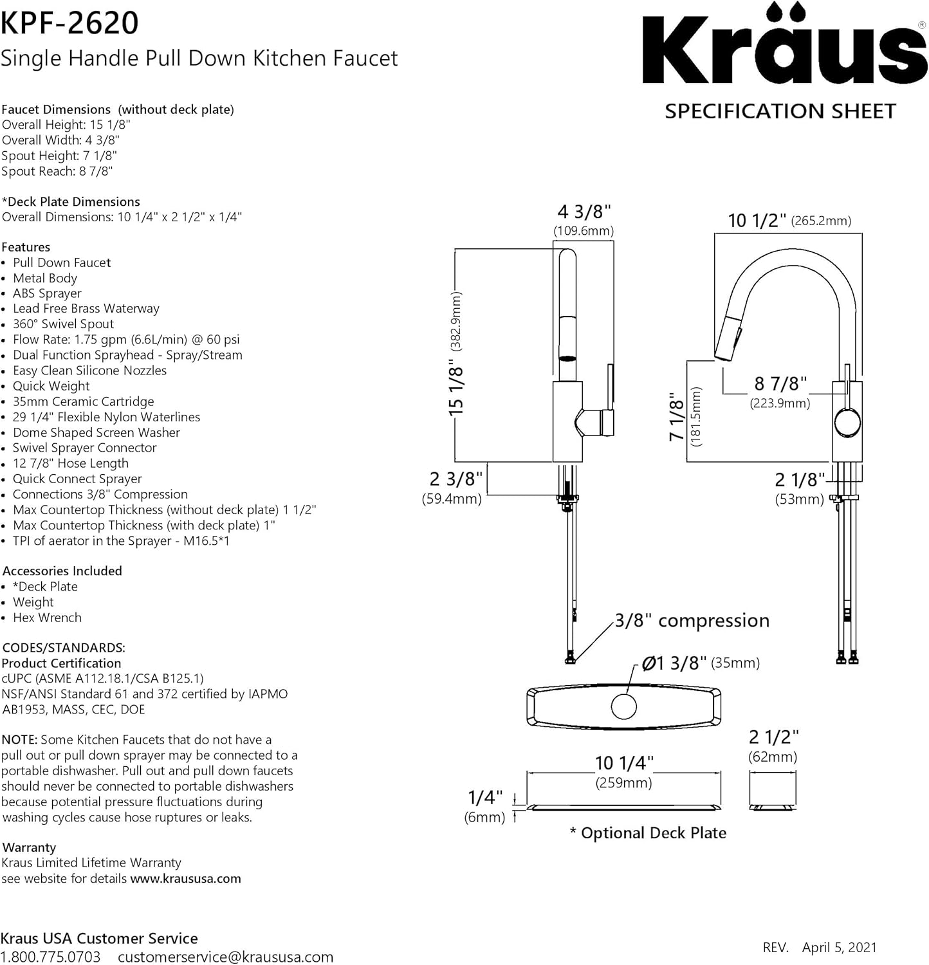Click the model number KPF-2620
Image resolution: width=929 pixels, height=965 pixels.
click(69, 23)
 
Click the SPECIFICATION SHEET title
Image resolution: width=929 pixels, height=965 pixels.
click(780, 111)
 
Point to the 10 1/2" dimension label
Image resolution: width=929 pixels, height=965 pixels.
click(757, 221)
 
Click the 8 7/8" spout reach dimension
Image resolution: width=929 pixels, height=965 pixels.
click(780, 384)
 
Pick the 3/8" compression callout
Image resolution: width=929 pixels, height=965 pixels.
click(692, 620)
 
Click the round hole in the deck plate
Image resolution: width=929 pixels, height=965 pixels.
click(623, 707)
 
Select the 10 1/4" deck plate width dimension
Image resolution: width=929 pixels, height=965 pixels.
click(623, 764)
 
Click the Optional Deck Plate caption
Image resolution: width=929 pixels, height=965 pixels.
click(648, 833)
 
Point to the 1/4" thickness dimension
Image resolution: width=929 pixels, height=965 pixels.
click(485, 798)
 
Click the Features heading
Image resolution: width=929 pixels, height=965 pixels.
click(26, 247)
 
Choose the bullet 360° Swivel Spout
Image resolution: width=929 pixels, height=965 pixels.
click(63, 324)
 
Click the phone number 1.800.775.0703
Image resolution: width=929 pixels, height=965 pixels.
click(51, 957)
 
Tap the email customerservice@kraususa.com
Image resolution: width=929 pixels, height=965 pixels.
click(225, 957)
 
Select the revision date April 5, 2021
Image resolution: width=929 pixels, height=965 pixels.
click(839, 947)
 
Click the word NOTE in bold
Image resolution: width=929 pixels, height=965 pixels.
click(19, 740)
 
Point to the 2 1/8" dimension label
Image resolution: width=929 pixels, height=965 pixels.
click(800, 480)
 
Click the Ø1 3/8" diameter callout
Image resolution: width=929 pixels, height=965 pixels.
click(674, 663)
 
